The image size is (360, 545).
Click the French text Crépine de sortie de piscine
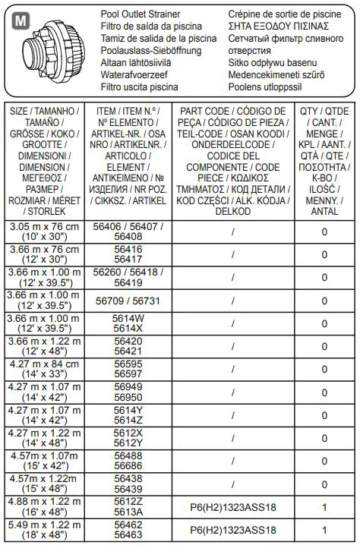tap(289, 14)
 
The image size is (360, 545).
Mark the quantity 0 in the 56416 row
tap(324, 254)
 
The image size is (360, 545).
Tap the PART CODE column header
tap(232, 159)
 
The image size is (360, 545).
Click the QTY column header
tap(324, 159)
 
